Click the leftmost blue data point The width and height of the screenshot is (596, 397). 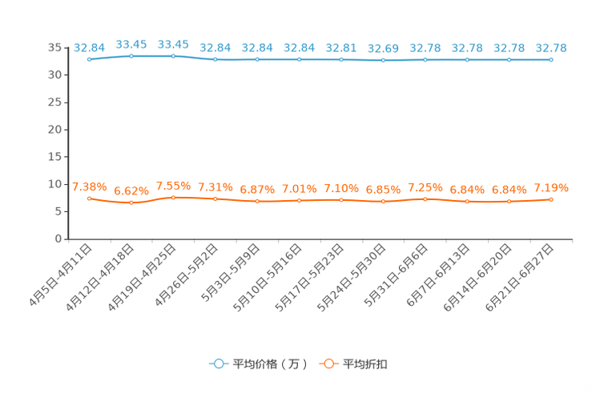point(89,59)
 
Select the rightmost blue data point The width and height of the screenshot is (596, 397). point(551,59)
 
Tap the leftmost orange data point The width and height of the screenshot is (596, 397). point(89,198)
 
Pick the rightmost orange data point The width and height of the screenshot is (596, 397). point(551,199)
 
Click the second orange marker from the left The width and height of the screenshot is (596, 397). point(131,203)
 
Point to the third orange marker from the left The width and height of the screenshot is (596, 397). point(173,196)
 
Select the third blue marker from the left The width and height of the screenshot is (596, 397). point(173,56)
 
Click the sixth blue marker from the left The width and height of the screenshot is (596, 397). point(299,59)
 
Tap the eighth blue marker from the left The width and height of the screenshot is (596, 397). point(383,60)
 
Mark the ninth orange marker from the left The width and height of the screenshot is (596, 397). point(425,198)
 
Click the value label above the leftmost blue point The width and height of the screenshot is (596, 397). point(89,48)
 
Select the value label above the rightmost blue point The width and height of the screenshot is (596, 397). point(551,48)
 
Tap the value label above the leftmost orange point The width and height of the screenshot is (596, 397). point(89,186)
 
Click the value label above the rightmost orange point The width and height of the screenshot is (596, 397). point(551,188)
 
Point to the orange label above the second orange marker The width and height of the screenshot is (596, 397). point(131,190)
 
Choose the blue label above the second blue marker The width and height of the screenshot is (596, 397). point(131,44)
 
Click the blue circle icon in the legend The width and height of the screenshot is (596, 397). point(219,363)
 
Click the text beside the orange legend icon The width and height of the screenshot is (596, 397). point(366,364)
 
